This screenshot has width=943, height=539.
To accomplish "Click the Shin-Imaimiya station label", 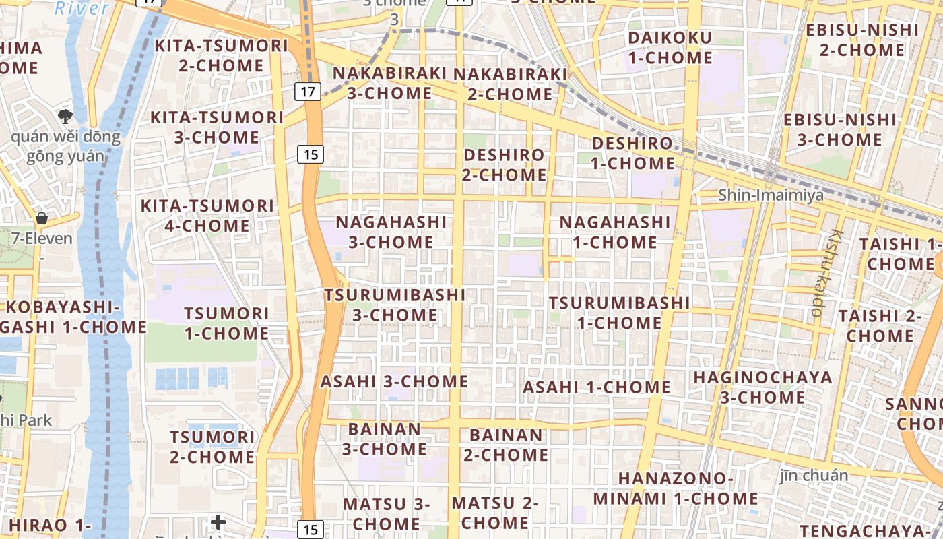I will click(x=771, y=195).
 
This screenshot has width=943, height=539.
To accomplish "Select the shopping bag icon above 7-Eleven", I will click(x=41, y=218).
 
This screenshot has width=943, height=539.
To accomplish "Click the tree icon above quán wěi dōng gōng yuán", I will click(x=65, y=116).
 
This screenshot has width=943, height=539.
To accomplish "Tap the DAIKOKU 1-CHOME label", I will click(x=670, y=47).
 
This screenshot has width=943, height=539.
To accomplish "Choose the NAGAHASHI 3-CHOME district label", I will click(x=391, y=231).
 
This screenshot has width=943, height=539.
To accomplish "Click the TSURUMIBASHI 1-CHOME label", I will click(x=619, y=313).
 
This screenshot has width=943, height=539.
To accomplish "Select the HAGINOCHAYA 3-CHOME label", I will click(x=762, y=387).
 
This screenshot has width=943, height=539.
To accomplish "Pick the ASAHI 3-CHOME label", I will click(x=394, y=381).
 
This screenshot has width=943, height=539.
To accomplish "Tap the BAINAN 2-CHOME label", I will click(x=505, y=445).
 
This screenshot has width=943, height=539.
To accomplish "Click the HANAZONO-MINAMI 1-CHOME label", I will click(x=675, y=488).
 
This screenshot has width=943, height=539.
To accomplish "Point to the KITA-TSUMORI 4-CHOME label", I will click(x=207, y=216).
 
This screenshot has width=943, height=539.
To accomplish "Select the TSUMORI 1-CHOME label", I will click(x=226, y=323).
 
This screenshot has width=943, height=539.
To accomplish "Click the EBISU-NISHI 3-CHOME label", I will click(x=839, y=130).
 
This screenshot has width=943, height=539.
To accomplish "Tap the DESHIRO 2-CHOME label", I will click(x=505, y=164).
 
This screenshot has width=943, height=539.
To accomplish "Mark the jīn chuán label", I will click(x=814, y=476).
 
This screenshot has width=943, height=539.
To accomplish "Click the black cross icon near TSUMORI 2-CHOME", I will click(x=218, y=521).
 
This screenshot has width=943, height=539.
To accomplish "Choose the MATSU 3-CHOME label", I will click(x=386, y=513).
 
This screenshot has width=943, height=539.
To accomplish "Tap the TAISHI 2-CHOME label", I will click(x=880, y=325).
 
